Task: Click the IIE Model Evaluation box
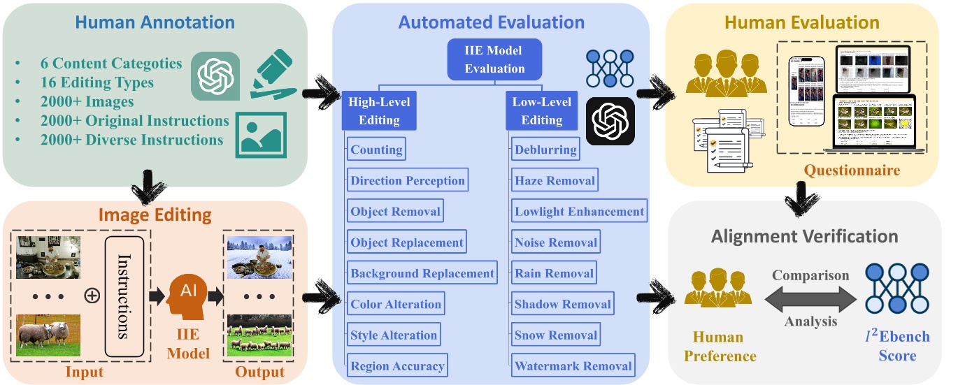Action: click(x=494, y=59)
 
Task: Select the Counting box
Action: click(x=376, y=150)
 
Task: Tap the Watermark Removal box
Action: click(x=573, y=365)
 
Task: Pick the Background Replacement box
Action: click(x=422, y=273)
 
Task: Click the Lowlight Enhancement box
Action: click(x=579, y=211)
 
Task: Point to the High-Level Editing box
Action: click(x=379, y=111)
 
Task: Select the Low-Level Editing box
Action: click(x=542, y=111)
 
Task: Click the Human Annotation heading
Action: click(x=155, y=22)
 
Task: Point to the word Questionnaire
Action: click(x=851, y=170)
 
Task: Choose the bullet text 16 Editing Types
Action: click(x=98, y=82)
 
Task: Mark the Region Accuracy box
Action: click(x=396, y=365)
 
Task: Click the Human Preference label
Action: click(x=720, y=347)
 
